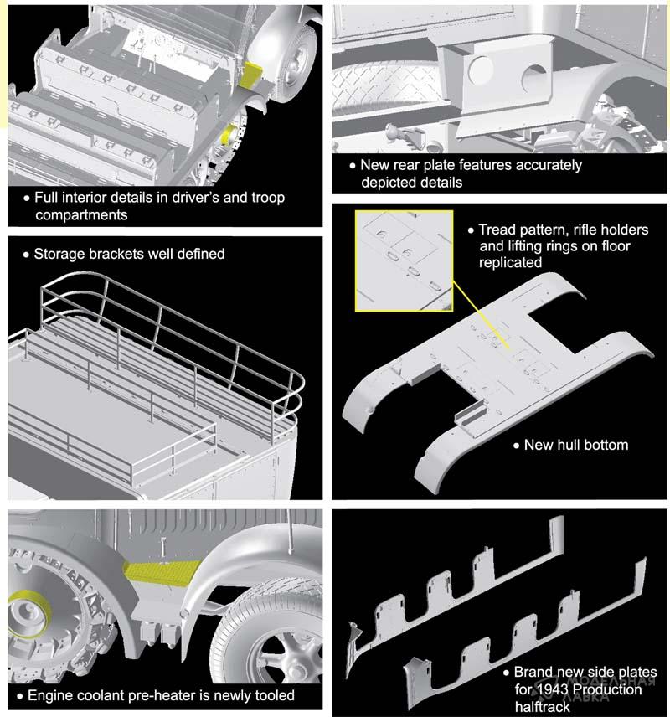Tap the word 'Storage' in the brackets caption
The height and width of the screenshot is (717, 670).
click(x=60, y=253)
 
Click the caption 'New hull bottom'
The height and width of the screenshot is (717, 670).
click(x=575, y=445)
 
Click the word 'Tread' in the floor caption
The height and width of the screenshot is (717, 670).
click(x=498, y=230)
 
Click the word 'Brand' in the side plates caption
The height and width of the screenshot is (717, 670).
click(x=533, y=673)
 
